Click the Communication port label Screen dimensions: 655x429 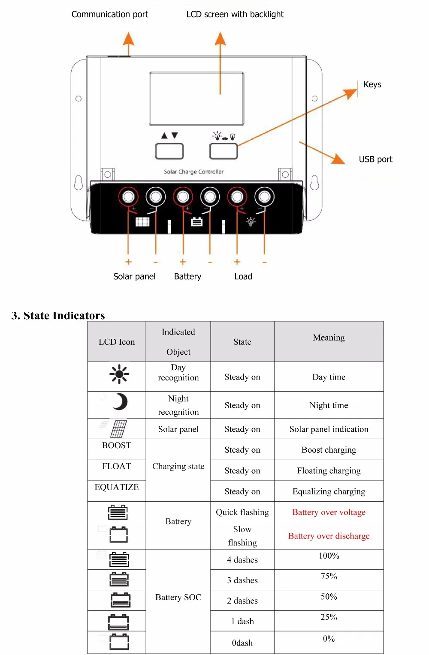click(109, 15)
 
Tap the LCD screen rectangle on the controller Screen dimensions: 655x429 click(196, 99)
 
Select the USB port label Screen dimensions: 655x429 click(375, 159)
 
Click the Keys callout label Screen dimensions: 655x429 click(372, 84)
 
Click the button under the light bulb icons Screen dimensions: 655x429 click(223, 151)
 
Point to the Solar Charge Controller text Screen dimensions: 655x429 click(193, 172)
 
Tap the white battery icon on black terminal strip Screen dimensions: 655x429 click(197, 221)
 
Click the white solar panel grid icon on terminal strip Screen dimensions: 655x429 click(142, 221)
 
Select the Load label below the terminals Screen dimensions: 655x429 click(243, 277)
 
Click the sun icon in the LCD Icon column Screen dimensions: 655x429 click(119, 374)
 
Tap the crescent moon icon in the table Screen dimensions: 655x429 click(120, 402)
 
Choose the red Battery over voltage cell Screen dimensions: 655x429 click(329, 512)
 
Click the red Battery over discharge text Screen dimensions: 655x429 click(329, 536)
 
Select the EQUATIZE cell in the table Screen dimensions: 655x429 click(117, 488)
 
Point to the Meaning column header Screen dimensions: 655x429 click(329, 338)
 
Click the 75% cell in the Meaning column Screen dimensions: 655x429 click(329, 577)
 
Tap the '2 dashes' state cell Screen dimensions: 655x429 click(242, 601)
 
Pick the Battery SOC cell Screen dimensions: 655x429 click(178, 597)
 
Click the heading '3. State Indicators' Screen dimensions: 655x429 click(58, 316)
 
